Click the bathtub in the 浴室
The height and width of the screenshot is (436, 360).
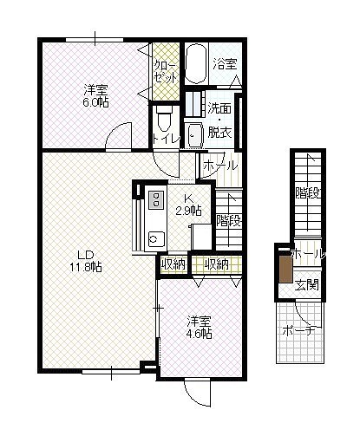coord(196,64)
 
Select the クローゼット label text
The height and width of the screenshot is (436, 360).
coord(165,71)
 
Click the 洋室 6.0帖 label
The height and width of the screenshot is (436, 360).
coord(96,96)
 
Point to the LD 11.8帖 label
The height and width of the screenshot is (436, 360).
coord(86,261)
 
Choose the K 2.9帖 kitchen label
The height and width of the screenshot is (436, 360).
coord(189,205)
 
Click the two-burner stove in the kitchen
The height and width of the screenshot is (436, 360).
coord(156,199)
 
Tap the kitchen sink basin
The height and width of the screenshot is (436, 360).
coord(156,238)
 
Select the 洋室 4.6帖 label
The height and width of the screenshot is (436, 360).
coord(199,327)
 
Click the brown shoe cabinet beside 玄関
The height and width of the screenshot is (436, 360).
coord(286,270)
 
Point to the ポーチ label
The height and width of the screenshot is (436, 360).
coord(298,331)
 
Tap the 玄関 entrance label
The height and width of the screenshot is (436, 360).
coord(307,285)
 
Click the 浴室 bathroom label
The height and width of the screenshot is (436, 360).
coord(226,63)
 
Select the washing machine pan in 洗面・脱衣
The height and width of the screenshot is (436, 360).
coord(196,135)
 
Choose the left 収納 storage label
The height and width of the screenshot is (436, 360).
coord(173,264)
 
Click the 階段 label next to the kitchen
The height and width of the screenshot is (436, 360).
coord(229,221)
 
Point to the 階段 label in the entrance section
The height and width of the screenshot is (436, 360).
coord(308,193)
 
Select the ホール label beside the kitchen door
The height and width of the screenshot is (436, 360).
coord(220,166)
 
